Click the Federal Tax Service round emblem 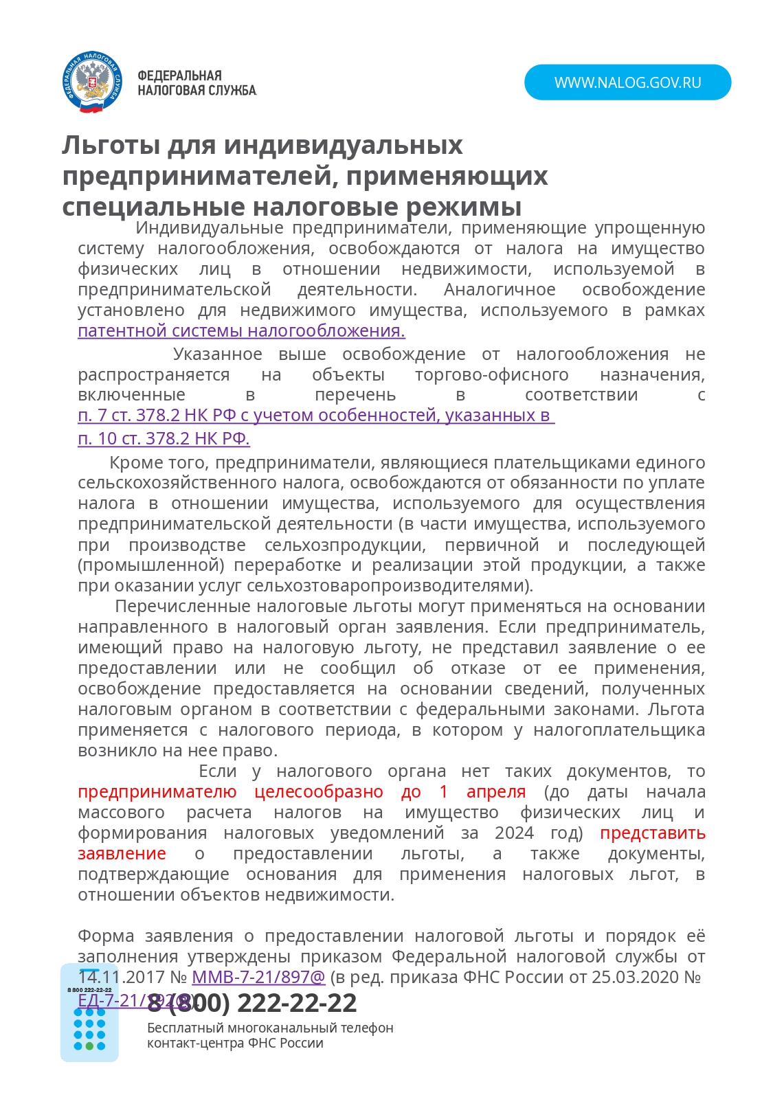click(x=91, y=82)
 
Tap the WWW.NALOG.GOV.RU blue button click(x=627, y=82)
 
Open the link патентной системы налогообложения click(x=241, y=331)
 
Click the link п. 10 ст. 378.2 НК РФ click(x=164, y=438)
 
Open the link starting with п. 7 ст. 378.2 click(x=316, y=416)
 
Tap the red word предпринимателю click(x=157, y=792)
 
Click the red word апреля click(x=495, y=792)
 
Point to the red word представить click(x=652, y=833)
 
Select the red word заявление click(x=122, y=854)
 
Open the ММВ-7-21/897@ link click(x=258, y=977)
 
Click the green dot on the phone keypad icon click(x=89, y=1046)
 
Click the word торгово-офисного click(x=491, y=375)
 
